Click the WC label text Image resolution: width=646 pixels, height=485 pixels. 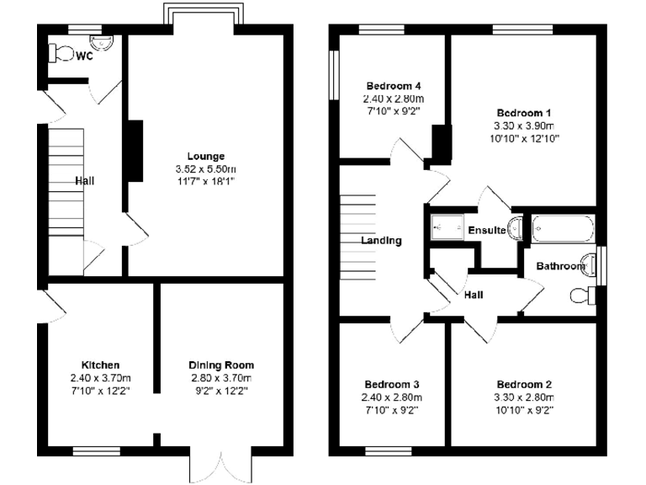coord(83,56)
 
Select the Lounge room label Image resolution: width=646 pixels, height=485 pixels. coord(205,156)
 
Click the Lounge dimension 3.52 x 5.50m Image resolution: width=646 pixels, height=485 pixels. coord(205,168)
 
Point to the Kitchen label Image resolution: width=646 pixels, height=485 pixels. coord(100,365)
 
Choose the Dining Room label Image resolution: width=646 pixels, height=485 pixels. coord(221,365)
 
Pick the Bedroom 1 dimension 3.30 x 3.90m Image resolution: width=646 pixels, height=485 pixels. coord(524,125)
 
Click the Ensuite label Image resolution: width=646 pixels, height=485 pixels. coord(486,231)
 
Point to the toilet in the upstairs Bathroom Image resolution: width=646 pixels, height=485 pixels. coord(580,296)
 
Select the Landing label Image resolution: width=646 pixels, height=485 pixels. coord(381,240)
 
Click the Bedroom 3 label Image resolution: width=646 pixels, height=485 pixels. coord(391,384)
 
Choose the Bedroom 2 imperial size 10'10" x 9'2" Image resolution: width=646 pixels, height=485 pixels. coord(524,410)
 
